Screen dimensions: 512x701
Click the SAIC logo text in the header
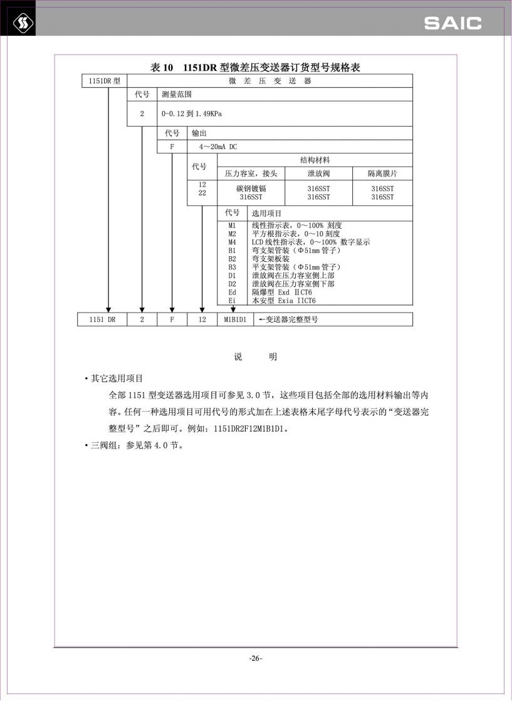(x=452, y=24)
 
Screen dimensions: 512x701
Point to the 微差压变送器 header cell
(x=269, y=81)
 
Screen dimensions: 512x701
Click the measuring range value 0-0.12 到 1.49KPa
(x=191, y=114)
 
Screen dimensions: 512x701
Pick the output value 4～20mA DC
(x=218, y=147)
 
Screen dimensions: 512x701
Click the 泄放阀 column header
(x=318, y=174)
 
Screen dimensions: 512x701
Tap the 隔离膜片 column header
(x=382, y=174)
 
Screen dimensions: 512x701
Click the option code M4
(x=232, y=242)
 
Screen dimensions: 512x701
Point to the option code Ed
(x=232, y=292)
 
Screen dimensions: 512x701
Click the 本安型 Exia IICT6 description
(x=283, y=301)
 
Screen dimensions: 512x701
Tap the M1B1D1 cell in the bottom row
(x=235, y=319)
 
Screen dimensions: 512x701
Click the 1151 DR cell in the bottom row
(x=102, y=319)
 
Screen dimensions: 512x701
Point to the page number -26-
(x=256, y=658)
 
